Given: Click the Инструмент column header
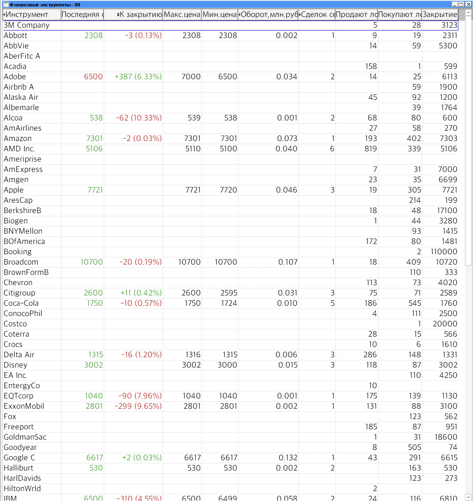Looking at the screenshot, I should (27, 14).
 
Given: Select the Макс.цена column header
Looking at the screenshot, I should (182, 14).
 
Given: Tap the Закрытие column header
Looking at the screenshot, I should (440, 14).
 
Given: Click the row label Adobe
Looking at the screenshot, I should (15, 77).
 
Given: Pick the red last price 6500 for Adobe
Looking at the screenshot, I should (93, 77).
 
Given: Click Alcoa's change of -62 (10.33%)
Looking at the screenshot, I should (138, 118).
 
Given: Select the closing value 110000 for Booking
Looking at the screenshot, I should (443, 251).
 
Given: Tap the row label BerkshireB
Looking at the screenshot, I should (22, 210).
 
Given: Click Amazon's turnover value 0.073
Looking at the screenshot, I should (287, 138).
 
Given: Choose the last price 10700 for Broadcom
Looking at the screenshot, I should (91, 262).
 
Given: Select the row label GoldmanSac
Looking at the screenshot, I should (25, 437).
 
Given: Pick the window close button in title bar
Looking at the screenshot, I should (468, 4).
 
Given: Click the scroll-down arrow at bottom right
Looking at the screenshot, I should (468, 497).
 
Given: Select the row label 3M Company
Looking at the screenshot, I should (27, 25).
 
